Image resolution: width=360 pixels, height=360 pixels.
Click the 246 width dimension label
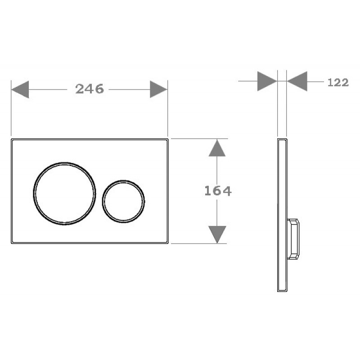click(90, 89)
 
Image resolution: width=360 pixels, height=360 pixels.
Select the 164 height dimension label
click(218, 191)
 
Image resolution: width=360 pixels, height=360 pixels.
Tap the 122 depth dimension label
click(338, 82)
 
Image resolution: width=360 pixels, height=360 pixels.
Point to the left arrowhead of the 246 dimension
click(20, 89)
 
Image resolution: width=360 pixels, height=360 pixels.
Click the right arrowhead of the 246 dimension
click(159, 89)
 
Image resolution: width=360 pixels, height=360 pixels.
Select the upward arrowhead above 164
click(217, 148)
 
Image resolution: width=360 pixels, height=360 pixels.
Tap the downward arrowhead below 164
click(217, 234)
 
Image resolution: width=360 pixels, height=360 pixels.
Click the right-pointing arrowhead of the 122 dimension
click(267, 81)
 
